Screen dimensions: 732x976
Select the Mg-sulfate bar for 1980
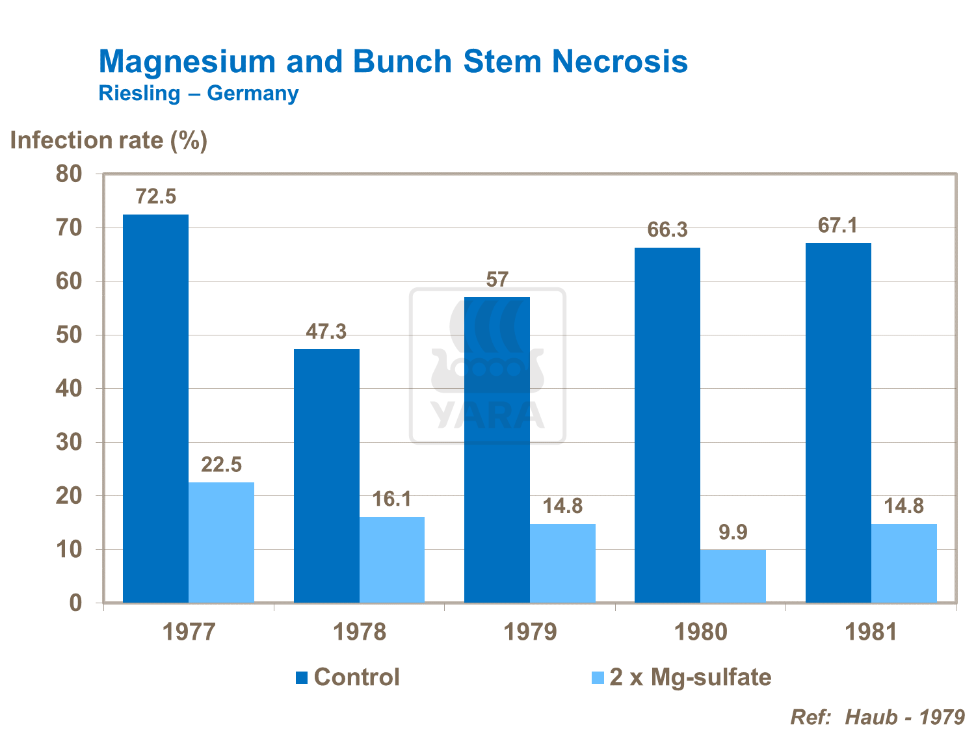[x=733, y=576]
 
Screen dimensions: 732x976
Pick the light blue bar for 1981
[x=904, y=563]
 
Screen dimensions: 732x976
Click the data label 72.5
[x=155, y=196]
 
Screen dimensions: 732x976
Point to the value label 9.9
[x=733, y=532]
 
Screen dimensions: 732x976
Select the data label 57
[x=497, y=280]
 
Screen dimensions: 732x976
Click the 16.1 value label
[x=391, y=499]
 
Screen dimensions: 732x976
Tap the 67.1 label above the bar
[x=838, y=226]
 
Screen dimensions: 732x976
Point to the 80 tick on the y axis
[x=69, y=174]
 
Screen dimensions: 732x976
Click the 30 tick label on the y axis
[x=69, y=443]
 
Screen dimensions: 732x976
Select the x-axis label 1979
[x=530, y=632]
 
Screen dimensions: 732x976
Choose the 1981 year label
[x=871, y=632]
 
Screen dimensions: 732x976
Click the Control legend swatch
[x=302, y=677]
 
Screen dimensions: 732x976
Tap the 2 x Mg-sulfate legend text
[x=690, y=677]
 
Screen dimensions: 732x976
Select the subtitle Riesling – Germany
[x=198, y=94]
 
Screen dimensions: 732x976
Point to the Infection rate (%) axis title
[x=109, y=140]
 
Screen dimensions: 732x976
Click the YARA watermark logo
[x=488, y=366]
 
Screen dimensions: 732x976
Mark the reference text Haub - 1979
[x=904, y=717]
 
